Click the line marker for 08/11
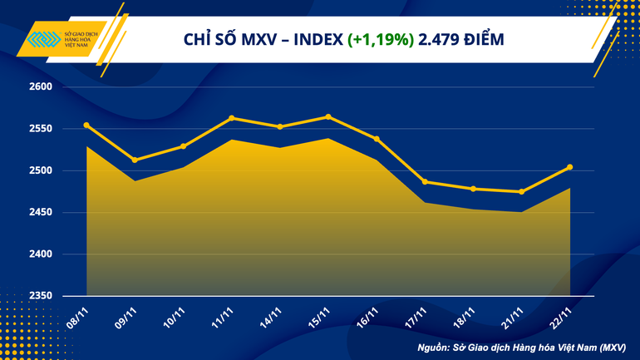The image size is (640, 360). click(x=86, y=126)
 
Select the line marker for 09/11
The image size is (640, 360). click(x=135, y=160)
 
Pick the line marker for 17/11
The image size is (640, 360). click(x=425, y=182)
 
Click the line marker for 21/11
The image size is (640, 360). click(x=521, y=192)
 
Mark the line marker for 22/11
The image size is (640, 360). click(x=569, y=167)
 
